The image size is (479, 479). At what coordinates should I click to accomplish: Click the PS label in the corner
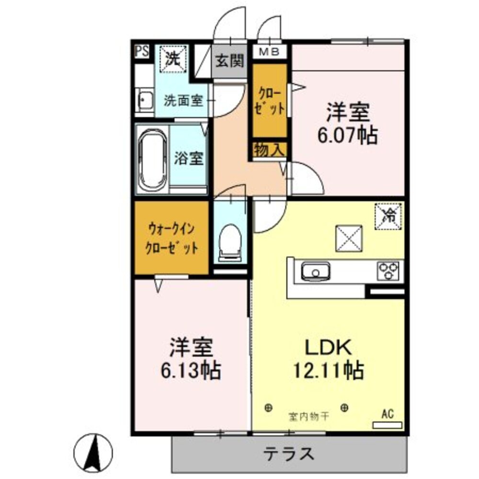click(x=141, y=51)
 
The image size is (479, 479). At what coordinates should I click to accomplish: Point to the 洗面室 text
click(x=183, y=101)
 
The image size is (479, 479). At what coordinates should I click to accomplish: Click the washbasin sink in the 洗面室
click(x=144, y=101)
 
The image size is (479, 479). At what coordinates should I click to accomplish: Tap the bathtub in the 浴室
click(x=152, y=160)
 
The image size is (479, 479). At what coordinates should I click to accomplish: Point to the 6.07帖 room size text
click(x=348, y=137)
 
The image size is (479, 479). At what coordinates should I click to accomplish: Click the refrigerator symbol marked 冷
click(x=389, y=215)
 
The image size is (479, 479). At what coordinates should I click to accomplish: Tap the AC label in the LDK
click(x=388, y=413)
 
